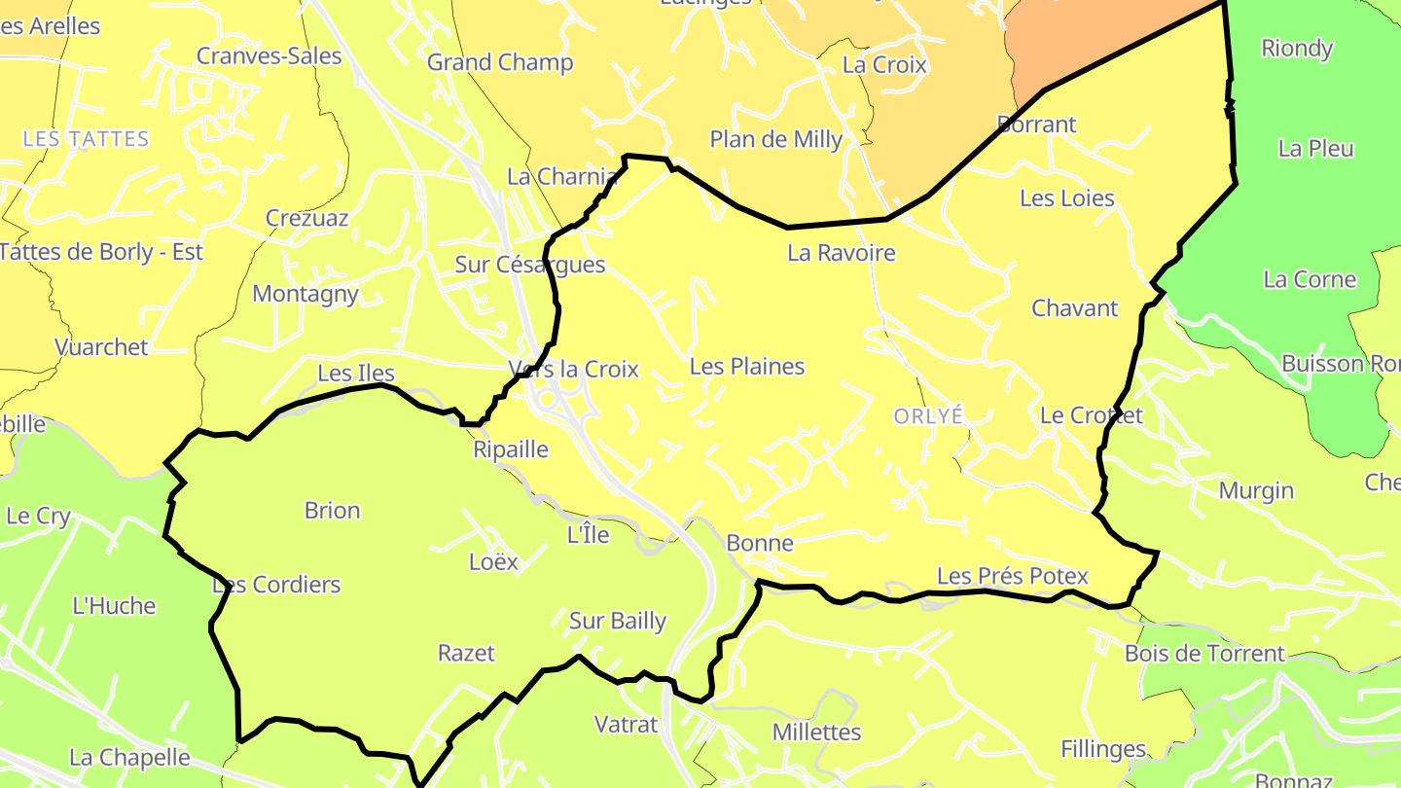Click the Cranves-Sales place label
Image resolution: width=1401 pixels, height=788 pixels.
(269, 55)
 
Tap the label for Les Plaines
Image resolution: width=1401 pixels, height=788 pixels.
(747, 366)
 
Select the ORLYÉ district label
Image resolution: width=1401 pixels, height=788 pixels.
(928, 415)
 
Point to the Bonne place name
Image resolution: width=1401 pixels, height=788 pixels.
(760, 543)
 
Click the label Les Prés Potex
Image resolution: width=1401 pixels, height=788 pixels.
(1012, 576)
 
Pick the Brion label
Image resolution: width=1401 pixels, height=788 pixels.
(332, 510)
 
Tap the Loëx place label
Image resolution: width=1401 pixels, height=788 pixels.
(493, 561)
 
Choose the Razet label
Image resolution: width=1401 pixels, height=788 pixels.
(466, 653)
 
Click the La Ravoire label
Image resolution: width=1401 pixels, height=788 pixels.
(842, 253)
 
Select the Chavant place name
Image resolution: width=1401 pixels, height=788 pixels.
(1075, 308)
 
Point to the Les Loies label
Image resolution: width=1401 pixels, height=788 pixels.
(1066, 197)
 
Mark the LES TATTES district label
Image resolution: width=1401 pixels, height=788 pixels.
(86, 139)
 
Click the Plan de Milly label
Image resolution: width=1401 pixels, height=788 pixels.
(776, 139)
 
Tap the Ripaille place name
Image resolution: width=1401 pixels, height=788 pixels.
(511, 449)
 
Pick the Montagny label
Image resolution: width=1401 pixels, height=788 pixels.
(305, 293)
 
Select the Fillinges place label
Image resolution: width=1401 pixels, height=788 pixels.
(1103, 748)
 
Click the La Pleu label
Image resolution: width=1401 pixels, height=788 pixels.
(1315, 148)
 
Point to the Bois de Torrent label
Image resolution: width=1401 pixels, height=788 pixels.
(1204, 653)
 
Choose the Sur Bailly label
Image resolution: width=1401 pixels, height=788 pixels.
(618, 621)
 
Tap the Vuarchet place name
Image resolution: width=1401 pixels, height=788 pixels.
(101, 346)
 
